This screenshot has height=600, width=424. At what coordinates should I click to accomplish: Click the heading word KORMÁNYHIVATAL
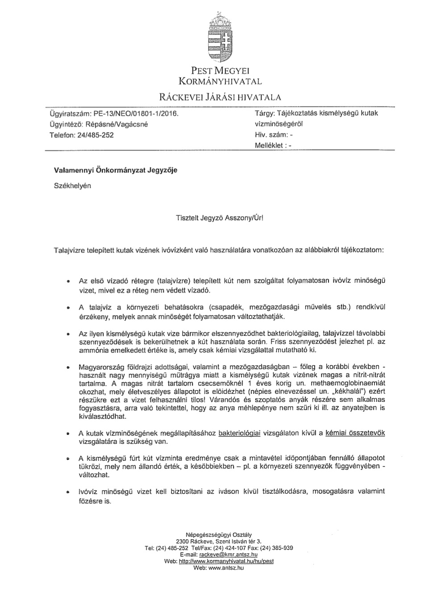[x=220, y=81]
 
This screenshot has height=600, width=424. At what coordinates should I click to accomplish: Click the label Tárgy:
[x=265, y=113]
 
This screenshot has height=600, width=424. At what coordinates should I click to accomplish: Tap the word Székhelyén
[x=72, y=186]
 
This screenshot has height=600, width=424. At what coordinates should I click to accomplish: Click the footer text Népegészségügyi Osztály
[x=219, y=535]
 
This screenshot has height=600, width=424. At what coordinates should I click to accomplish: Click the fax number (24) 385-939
[x=277, y=548]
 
